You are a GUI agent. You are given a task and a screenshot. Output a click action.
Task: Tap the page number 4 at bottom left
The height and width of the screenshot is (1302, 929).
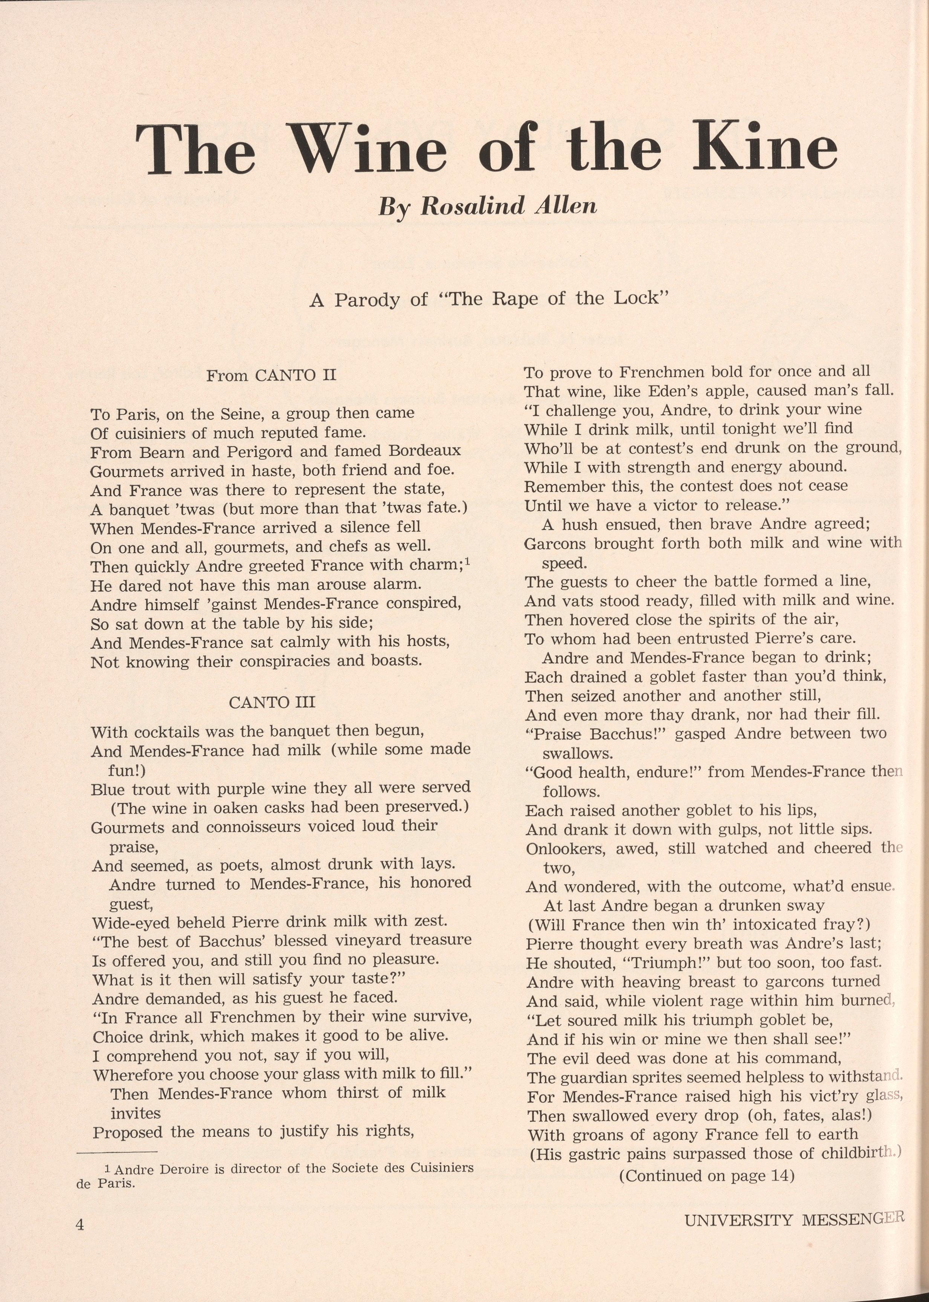79,1224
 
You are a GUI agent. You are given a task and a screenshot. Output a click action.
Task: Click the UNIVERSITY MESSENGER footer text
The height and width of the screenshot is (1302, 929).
794,1220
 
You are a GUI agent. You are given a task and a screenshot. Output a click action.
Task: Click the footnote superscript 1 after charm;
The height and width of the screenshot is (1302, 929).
467,562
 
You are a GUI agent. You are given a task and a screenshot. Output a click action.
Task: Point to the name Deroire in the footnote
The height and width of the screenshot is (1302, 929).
184,1168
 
